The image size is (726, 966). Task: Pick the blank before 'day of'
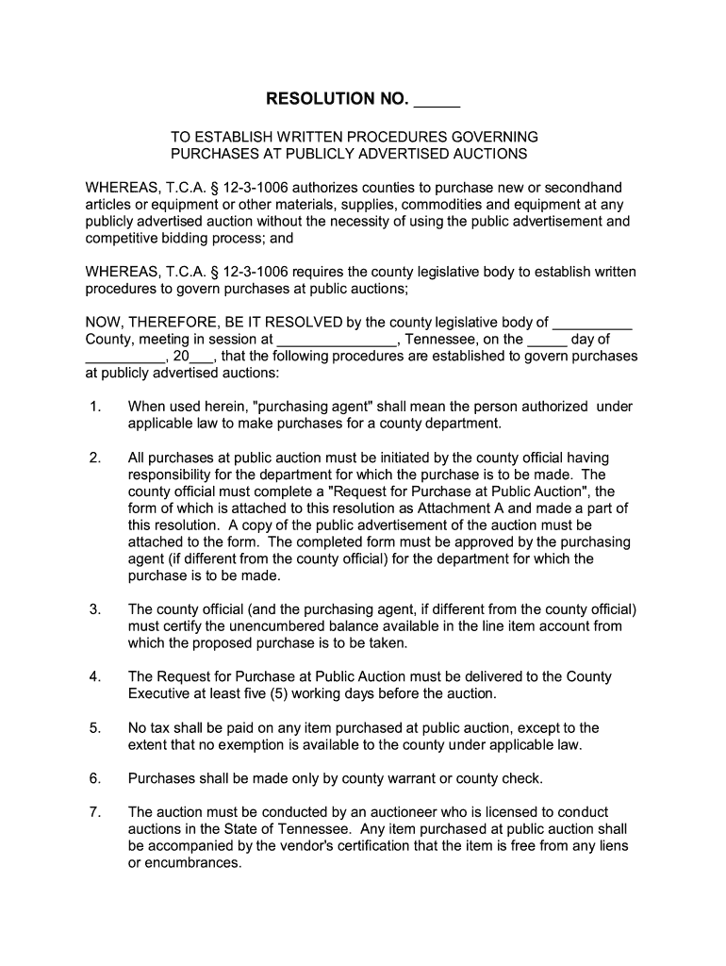pos(547,340)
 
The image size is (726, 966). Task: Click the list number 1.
pos(95,407)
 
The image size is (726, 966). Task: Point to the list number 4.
pos(95,676)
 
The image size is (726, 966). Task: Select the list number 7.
pos(95,812)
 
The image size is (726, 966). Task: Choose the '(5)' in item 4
pos(273,693)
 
